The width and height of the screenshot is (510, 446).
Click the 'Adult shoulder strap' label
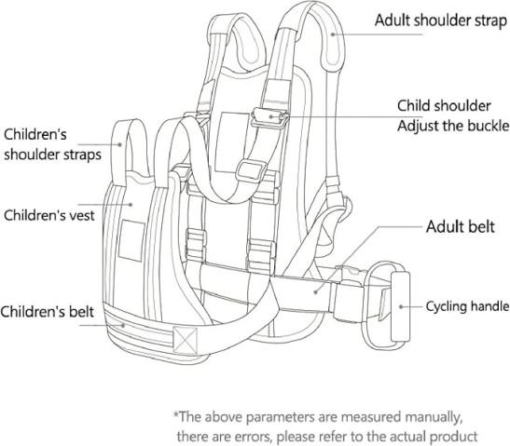point(441,20)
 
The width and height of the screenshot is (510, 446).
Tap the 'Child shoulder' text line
point(444,106)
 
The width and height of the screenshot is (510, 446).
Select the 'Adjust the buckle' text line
point(453,126)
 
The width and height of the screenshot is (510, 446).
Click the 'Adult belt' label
point(461,226)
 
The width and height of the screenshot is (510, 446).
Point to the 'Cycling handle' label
point(467,306)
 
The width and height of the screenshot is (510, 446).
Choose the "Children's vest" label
point(49,215)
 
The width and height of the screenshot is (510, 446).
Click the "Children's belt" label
point(48,312)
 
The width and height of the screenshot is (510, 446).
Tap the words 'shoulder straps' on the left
point(53,155)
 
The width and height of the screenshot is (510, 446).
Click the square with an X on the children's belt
point(185,340)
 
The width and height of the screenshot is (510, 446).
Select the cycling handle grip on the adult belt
point(400,306)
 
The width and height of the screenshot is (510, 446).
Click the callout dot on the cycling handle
point(401,306)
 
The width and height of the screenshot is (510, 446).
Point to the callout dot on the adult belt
point(315,292)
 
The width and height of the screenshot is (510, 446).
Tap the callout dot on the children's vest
point(131,205)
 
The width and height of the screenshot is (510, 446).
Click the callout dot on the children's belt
point(123,325)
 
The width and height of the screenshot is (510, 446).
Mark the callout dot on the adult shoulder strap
point(333,34)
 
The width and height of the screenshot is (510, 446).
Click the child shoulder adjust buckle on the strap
point(269,118)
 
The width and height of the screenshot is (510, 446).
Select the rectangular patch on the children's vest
point(131,240)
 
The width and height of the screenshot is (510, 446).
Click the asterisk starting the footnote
point(176,414)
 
